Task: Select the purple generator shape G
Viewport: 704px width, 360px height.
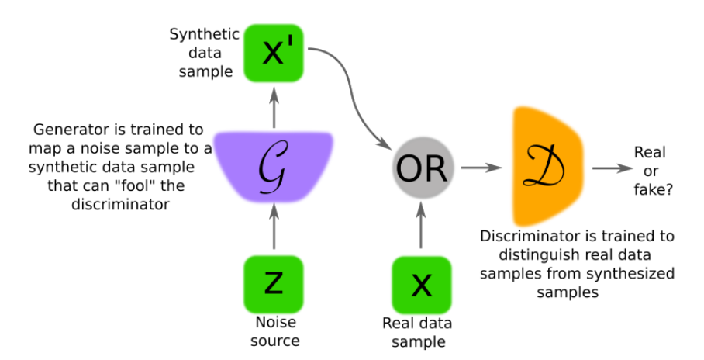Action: pyautogui.click(x=273, y=164)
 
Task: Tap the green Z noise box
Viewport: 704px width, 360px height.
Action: pyautogui.click(x=273, y=283)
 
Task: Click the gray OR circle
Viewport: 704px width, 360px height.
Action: pyautogui.click(x=420, y=167)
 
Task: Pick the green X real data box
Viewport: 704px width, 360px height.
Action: pyautogui.click(x=420, y=284)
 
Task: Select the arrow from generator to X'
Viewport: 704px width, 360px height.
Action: pyautogui.click(x=273, y=106)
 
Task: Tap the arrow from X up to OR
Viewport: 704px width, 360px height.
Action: pyautogui.click(x=420, y=224)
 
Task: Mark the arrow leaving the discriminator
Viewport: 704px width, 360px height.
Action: pyautogui.click(x=609, y=167)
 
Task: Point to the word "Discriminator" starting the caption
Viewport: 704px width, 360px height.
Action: pyautogui.click(x=522, y=236)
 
